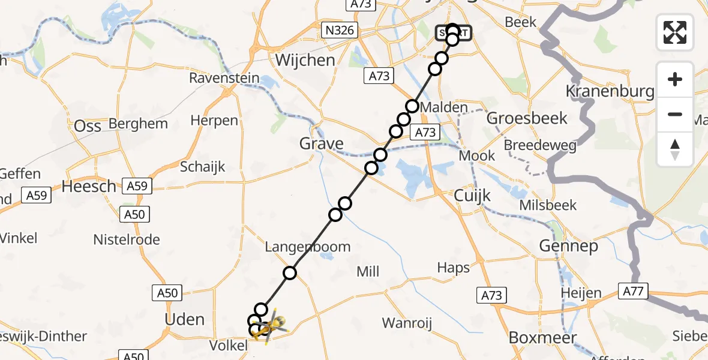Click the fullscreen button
point(675,32)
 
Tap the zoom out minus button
point(675,114)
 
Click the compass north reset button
point(675,149)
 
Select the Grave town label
point(322,143)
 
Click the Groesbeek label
point(518,118)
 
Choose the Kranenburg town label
point(610,91)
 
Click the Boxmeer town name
point(542,337)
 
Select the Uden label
point(185,319)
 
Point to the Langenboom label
point(308,247)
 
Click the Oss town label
point(87,125)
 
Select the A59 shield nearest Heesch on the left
point(37,194)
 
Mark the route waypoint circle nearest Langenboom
point(290,273)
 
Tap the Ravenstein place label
point(224,78)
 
